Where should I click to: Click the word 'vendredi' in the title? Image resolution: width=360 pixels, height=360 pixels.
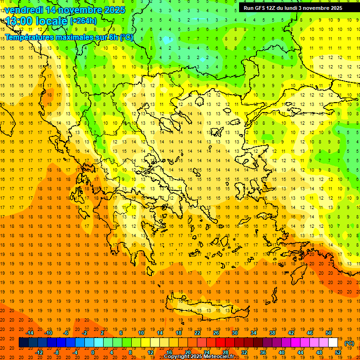[24, 10]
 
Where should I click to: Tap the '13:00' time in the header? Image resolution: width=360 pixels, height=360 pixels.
[18, 21]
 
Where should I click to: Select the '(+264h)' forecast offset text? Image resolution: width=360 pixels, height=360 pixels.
[83, 21]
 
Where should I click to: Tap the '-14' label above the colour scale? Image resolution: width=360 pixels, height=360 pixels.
[30, 333]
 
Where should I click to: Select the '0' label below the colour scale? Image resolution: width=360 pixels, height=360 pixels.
[92, 352]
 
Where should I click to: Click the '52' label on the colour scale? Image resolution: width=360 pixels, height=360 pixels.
[337, 352]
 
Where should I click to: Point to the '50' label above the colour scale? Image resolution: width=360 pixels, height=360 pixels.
[329, 333]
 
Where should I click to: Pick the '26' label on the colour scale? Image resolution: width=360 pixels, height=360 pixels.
[216, 333]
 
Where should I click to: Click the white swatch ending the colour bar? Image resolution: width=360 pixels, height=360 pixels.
[333, 343]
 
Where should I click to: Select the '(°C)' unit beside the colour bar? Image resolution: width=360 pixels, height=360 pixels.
[349, 343]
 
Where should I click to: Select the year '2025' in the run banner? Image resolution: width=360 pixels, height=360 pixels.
[333, 8]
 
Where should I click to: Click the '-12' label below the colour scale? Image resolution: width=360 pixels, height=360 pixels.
[39, 352]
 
